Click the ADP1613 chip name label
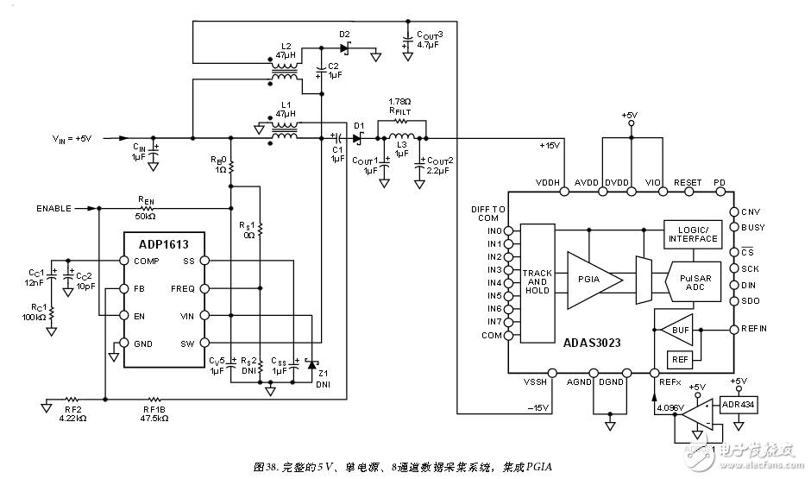(x=163, y=243)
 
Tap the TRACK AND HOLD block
(x=537, y=281)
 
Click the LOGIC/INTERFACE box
(x=693, y=234)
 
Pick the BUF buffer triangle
(x=678, y=329)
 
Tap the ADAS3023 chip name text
(x=594, y=342)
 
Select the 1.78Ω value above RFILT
(x=399, y=102)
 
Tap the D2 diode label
(x=344, y=35)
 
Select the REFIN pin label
(x=753, y=328)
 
